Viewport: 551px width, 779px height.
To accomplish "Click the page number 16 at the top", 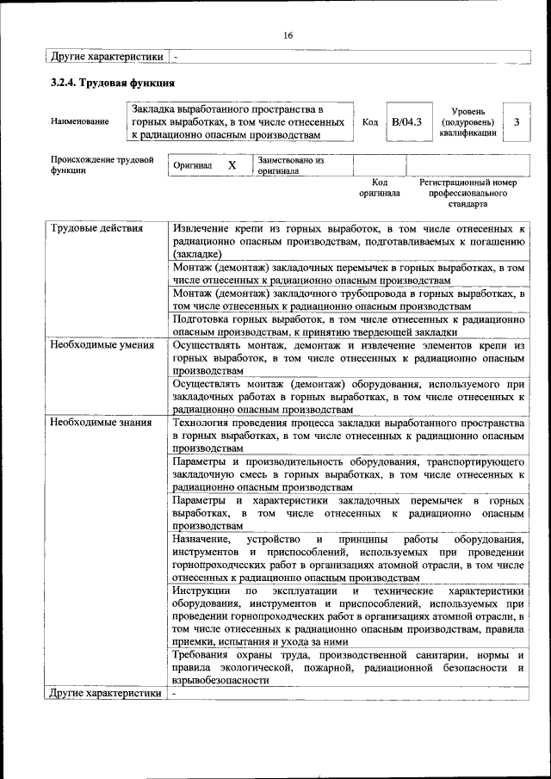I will pyautogui.click(x=288, y=35).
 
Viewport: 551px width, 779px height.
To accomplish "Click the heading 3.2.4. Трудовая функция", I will pyautogui.click(x=113, y=83).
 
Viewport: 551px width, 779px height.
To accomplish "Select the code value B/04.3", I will pyautogui.click(x=406, y=122).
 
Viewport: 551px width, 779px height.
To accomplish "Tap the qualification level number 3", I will pyautogui.click(x=516, y=122).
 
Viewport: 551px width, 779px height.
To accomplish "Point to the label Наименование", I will pyautogui.click(x=80, y=122).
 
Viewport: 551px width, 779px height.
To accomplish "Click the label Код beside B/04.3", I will pyautogui.click(x=369, y=122).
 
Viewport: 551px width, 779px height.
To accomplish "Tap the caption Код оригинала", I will pyautogui.click(x=379, y=189).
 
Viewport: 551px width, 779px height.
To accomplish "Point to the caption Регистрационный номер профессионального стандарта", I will pyautogui.click(x=467, y=194).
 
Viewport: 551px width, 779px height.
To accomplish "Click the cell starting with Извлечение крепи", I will pyautogui.click(x=348, y=241).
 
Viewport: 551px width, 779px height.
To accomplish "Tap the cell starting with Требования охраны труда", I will pyautogui.click(x=348, y=667).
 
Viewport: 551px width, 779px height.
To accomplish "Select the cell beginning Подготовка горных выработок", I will pyautogui.click(x=348, y=325).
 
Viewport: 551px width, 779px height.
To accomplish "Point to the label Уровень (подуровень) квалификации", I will pyautogui.click(x=467, y=122).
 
